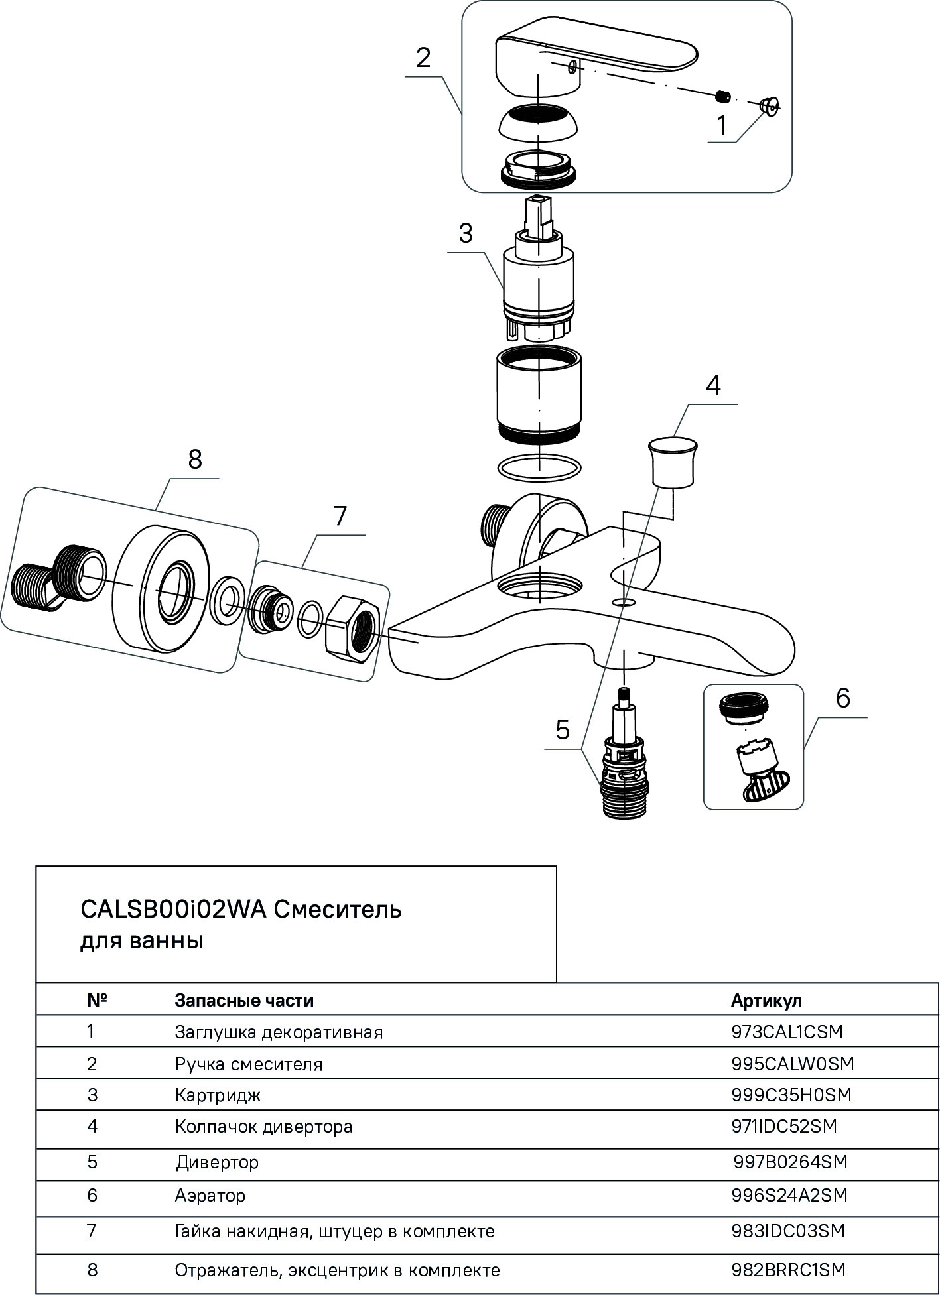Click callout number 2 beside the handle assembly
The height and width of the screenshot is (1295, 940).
pyautogui.click(x=423, y=58)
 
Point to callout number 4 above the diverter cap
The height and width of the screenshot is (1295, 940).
pyautogui.click(x=712, y=385)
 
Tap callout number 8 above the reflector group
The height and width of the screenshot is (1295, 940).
pyautogui.click(x=194, y=459)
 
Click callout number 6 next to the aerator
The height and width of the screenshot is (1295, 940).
pyautogui.click(x=842, y=698)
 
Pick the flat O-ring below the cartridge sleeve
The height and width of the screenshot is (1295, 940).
pyautogui.click(x=539, y=467)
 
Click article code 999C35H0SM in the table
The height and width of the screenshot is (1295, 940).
pyautogui.click(x=791, y=1094)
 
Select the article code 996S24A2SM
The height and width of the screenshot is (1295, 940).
pyautogui.click(x=789, y=1195)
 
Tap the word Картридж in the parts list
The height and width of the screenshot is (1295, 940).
pyautogui.click(x=218, y=1095)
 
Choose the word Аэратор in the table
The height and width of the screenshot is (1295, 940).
pyautogui.click(x=210, y=1196)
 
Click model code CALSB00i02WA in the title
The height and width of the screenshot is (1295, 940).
pyautogui.click(x=173, y=909)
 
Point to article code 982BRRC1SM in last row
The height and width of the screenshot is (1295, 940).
pyautogui.click(x=788, y=1270)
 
